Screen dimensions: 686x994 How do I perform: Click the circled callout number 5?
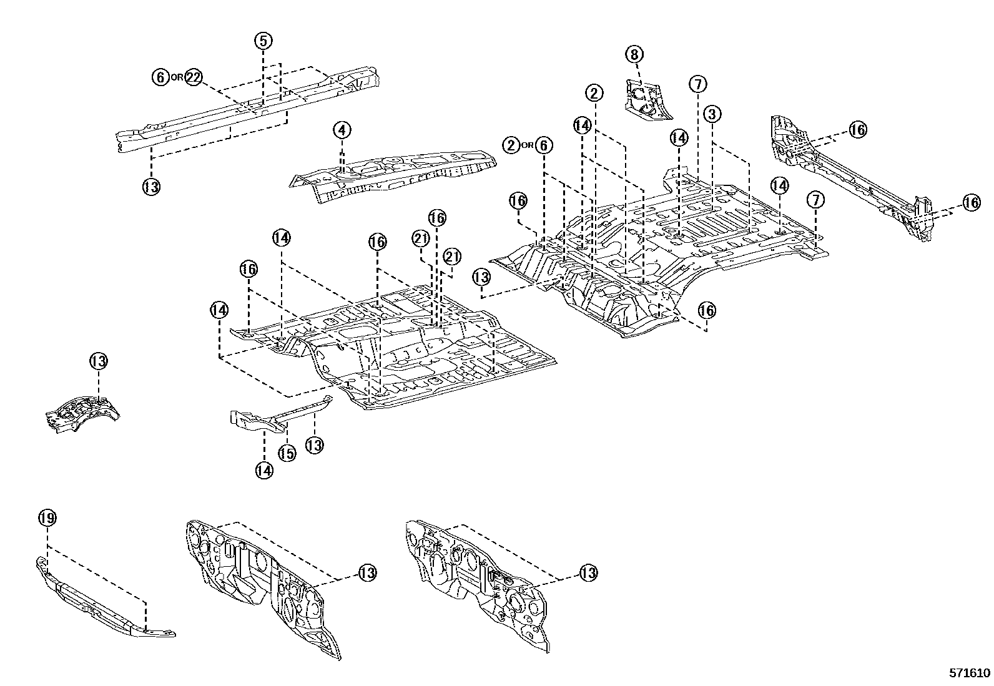(x=263, y=41)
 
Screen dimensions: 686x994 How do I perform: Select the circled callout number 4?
(x=342, y=130)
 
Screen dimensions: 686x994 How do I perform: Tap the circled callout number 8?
(x=634, y=55)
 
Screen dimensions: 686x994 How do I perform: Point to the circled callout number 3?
(x=712, y=114)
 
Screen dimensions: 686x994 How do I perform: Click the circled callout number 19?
(x=47, y=517)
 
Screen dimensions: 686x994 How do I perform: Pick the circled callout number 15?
(x=287, y=454)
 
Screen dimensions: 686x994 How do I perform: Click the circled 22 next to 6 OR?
(x=194, y=77)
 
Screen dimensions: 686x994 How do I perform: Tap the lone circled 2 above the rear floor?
(x=594, y=94)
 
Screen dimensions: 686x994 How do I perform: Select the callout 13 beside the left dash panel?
(x=368, y=572)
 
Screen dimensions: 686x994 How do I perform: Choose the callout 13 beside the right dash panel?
(x=588, y=572)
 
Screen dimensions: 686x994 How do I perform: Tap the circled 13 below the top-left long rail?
(x=152, y=186)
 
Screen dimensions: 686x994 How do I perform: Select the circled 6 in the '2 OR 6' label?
(x=544, y=146)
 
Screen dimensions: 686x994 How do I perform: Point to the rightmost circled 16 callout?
(x=971, y=202)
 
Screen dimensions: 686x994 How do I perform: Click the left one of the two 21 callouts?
(x=421, y=238)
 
